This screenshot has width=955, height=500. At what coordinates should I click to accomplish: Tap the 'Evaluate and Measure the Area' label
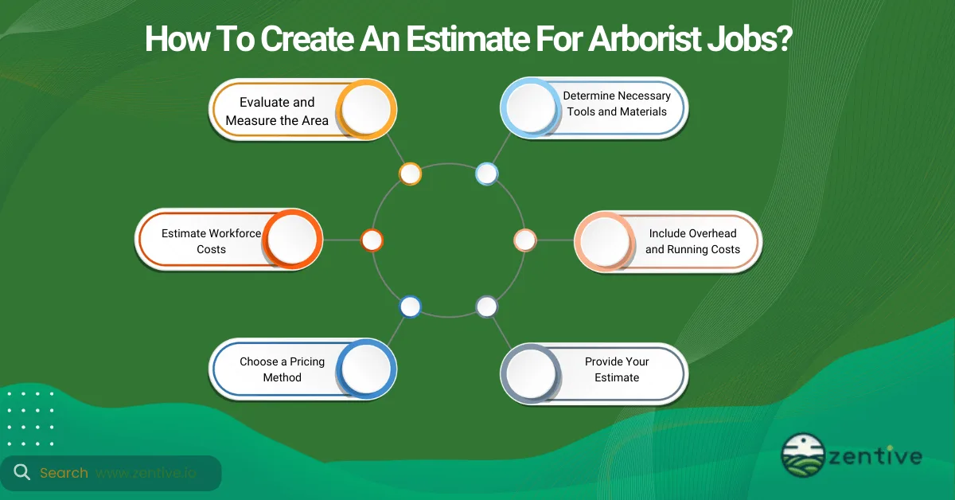[x=277, y=111]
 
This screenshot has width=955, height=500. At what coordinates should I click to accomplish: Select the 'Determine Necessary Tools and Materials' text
[x=617, y=104]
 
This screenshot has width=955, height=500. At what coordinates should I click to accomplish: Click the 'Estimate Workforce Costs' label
[x=211, y=241]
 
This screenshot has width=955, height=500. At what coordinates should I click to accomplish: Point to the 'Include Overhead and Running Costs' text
[x=692, y=241]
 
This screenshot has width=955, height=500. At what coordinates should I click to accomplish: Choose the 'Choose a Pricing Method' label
[x=282, y=369]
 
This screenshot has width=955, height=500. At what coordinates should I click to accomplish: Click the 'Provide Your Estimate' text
[x=617, y=369]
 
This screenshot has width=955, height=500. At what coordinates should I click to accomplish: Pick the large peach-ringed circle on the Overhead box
[x=604, y=240]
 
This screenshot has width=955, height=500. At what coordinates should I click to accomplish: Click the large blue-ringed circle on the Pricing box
[x=366, y=369]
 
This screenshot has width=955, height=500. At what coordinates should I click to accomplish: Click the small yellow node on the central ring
[x=410, y=174]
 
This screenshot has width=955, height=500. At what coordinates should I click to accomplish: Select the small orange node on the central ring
[x=372, y=240]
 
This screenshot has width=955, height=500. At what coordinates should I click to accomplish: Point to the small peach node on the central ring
[x=524, y=240]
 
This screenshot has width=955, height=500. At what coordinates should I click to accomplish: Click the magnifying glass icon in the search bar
[x=21, y=473]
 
